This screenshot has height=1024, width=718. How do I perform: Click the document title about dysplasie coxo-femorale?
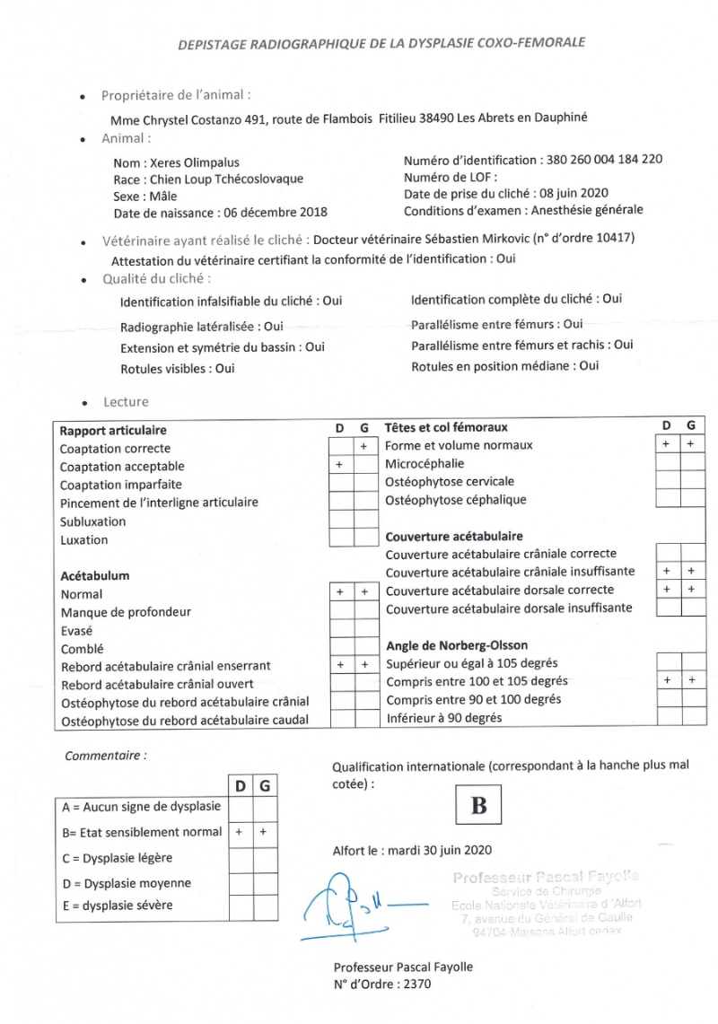pos(381,42)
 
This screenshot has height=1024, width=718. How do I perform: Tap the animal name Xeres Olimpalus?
pos(189,163)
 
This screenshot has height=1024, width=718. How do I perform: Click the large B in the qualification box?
pos(479,805)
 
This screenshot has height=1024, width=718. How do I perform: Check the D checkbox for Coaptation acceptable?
pos(340,465)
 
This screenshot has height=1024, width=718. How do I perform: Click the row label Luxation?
pos(83,540)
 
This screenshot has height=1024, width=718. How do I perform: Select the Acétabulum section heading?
pos(95,576)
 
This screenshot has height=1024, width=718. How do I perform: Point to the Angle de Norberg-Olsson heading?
pos(456,645)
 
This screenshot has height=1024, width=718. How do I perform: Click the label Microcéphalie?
pos(425,464)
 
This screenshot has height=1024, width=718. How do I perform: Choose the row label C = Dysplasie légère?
pos(117,858)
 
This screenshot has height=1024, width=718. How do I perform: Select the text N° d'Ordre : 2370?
pos(382,984)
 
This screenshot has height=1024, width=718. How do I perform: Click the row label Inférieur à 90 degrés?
pos(443,718)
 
